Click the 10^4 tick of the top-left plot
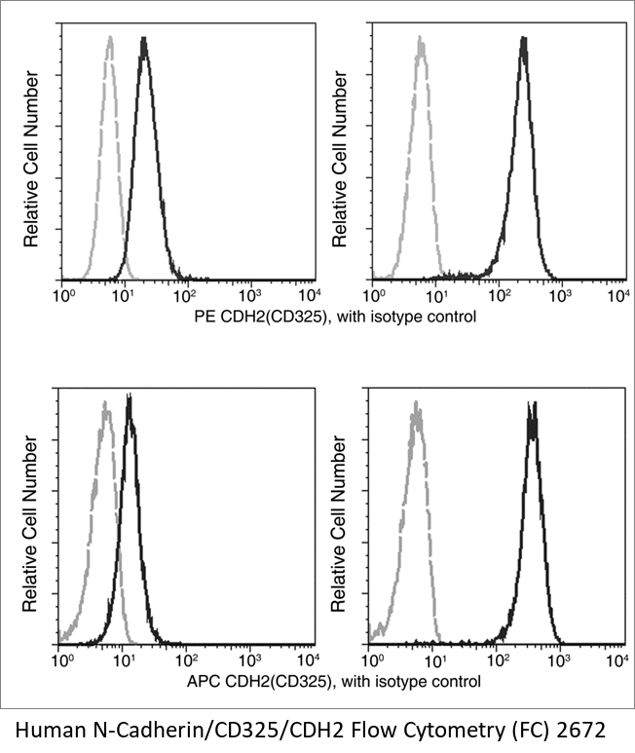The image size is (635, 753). point(310,294)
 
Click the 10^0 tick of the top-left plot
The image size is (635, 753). point(64,294)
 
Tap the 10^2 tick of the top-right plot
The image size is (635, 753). point(497,294)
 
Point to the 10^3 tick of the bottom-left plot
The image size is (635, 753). point(249,660)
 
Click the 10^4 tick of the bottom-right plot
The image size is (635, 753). point(616,660)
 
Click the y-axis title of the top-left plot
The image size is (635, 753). point(30,160)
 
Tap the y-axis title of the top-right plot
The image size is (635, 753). point(340,160)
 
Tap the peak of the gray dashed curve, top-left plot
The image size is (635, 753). point(110,39)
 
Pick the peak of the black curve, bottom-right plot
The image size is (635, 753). point(532,401)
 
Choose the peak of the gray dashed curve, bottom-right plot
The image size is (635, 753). point(417,401)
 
